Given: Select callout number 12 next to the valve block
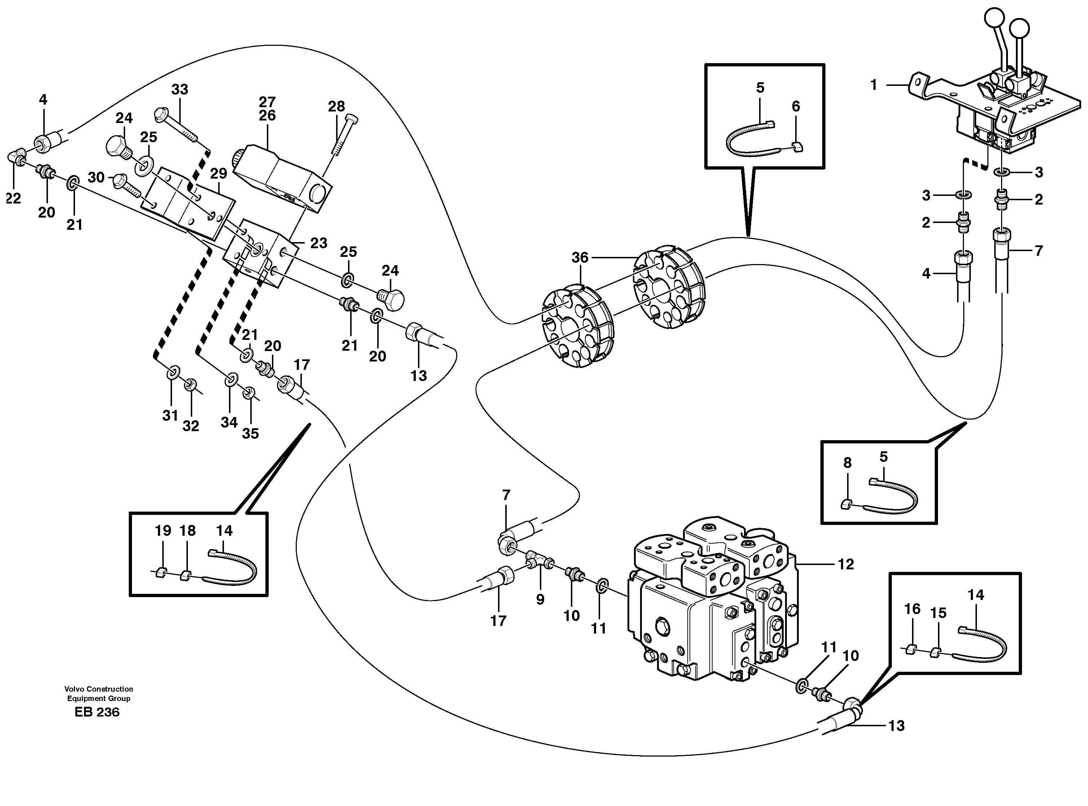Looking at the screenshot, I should coord(846,565).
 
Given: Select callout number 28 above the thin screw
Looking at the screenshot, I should coord(336,106).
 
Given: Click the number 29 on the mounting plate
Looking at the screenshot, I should coord(219,173).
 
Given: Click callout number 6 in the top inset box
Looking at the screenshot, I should coord(796,106).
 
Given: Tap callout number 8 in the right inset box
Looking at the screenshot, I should coord(847,463).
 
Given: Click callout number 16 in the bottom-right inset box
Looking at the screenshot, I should coord(912,609).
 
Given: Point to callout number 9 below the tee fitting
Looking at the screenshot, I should coord(540,600).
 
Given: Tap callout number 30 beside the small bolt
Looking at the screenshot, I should coord(96,177).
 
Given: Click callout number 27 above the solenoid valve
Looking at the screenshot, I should coord(267,102).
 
